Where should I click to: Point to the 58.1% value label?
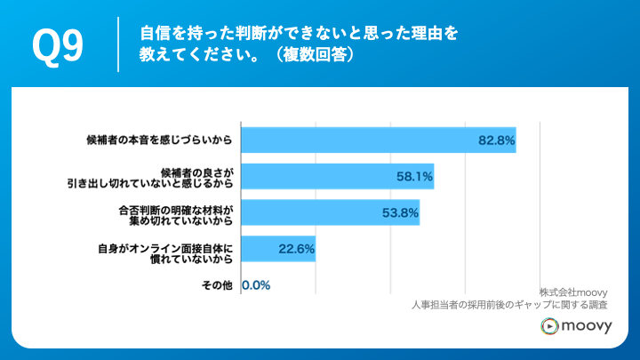[413, 177]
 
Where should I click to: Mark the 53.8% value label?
[399, 213]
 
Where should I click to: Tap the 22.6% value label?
[296, 250]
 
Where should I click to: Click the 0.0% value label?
[256, 285]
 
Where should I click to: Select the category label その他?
[217, 285]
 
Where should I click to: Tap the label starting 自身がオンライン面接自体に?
[165, 250]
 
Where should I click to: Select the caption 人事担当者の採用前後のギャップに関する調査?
[522, 305]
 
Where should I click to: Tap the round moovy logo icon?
[550, 328]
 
